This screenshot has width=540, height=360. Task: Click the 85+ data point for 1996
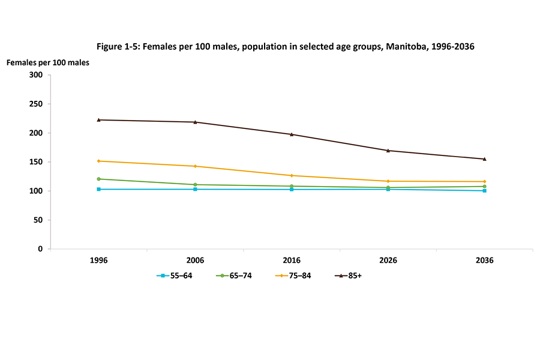[x=99, y=120]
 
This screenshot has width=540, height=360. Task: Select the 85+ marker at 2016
[x=292, y=134]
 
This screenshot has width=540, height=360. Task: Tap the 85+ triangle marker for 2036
[x=484, y=159]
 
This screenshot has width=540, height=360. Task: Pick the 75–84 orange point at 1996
[x=99, y=161]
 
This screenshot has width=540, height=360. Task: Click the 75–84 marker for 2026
[x=388, y=181]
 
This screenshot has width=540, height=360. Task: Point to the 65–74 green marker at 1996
[x=99, y=179]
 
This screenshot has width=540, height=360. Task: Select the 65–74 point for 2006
[x=196, y=185]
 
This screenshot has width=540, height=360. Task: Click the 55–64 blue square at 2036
[x=484, y=191]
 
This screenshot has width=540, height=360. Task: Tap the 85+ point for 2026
[x=388, y=151]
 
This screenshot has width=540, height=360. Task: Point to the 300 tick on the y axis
[x=36, y=75]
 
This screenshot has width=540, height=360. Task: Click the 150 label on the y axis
[x=36, y=162]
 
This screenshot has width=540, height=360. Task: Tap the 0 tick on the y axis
[x=40, y=249]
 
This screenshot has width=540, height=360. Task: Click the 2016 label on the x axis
[x=292, y=261]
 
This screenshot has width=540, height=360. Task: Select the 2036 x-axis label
[x=484, y=261]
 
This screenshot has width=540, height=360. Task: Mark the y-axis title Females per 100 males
[x=47, y=62]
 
